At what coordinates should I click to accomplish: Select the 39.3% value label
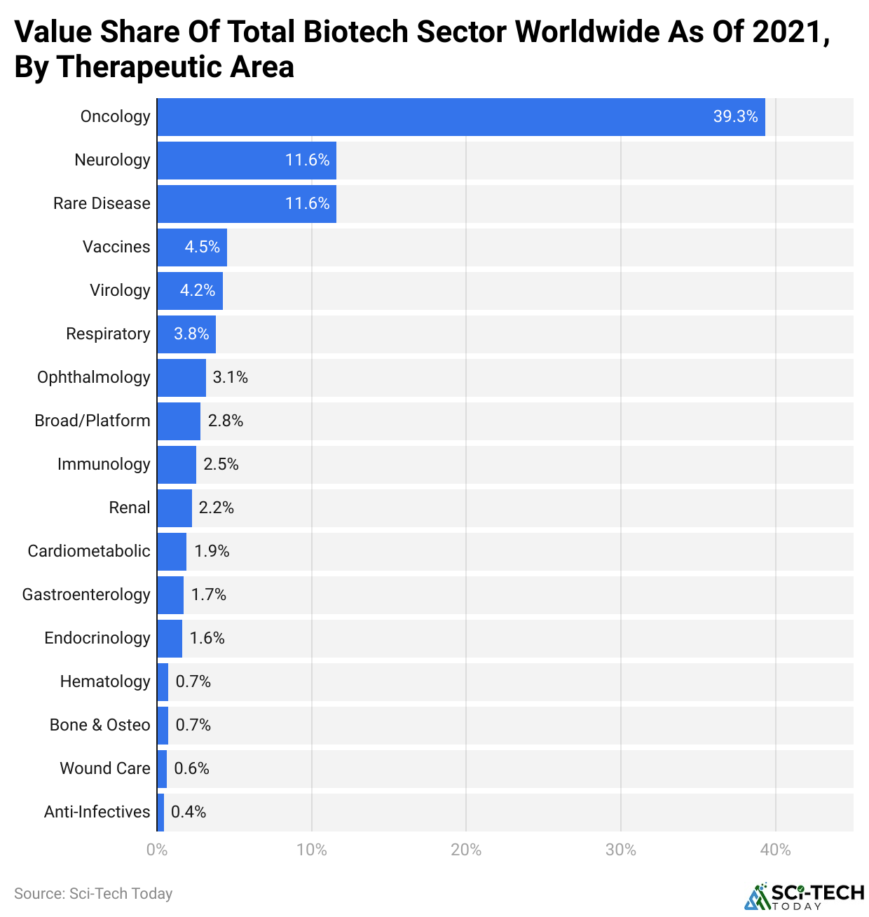(x=735, y=117)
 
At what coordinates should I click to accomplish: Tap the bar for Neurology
(x=246, y=161)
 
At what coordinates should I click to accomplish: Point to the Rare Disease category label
(x=102, y=203)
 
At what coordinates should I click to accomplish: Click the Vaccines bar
(x=191, y=247)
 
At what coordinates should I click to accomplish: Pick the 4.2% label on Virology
(x=197, y=290)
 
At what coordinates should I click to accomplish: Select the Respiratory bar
(x=186, y=334)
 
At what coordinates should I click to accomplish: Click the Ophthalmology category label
(x=94, y=377)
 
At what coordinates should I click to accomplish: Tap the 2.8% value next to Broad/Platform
(x=226, y=421)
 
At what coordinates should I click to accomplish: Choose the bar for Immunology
(x=176, y=465)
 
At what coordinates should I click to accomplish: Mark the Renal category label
(x=130, y=508)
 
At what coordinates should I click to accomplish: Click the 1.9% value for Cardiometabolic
(x=212, y=551)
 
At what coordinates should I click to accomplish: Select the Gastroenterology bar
(x=170, y=595)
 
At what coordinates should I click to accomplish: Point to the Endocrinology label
(x=97, y=638)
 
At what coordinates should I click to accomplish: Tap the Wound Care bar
(x=162, y=769)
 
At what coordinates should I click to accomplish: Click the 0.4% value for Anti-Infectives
(x=189, y=812)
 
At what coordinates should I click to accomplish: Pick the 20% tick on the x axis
(x=466, y=850)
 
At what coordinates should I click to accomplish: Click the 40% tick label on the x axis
(x=775, y=850)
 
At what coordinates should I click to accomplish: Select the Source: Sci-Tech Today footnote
(x=93, y=894)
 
